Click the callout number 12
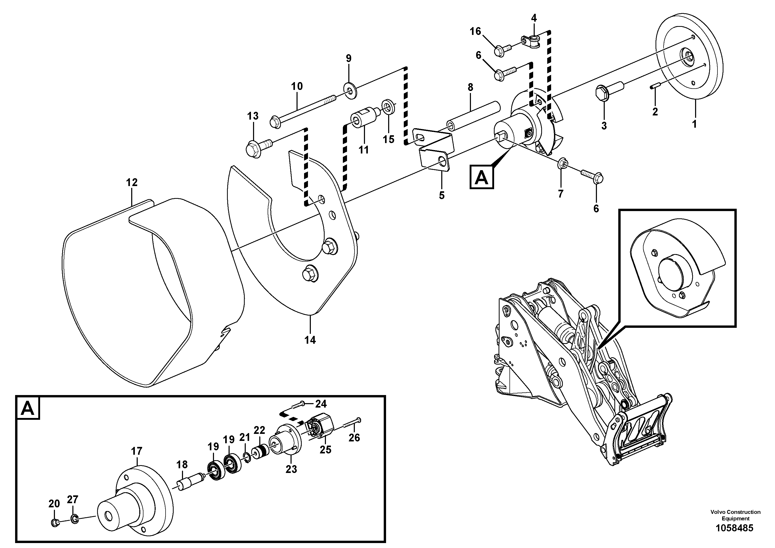click(132, 183)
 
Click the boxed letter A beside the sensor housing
click(481, 177)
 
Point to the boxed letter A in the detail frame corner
click(27, 409)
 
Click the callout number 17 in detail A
click(137, 451)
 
